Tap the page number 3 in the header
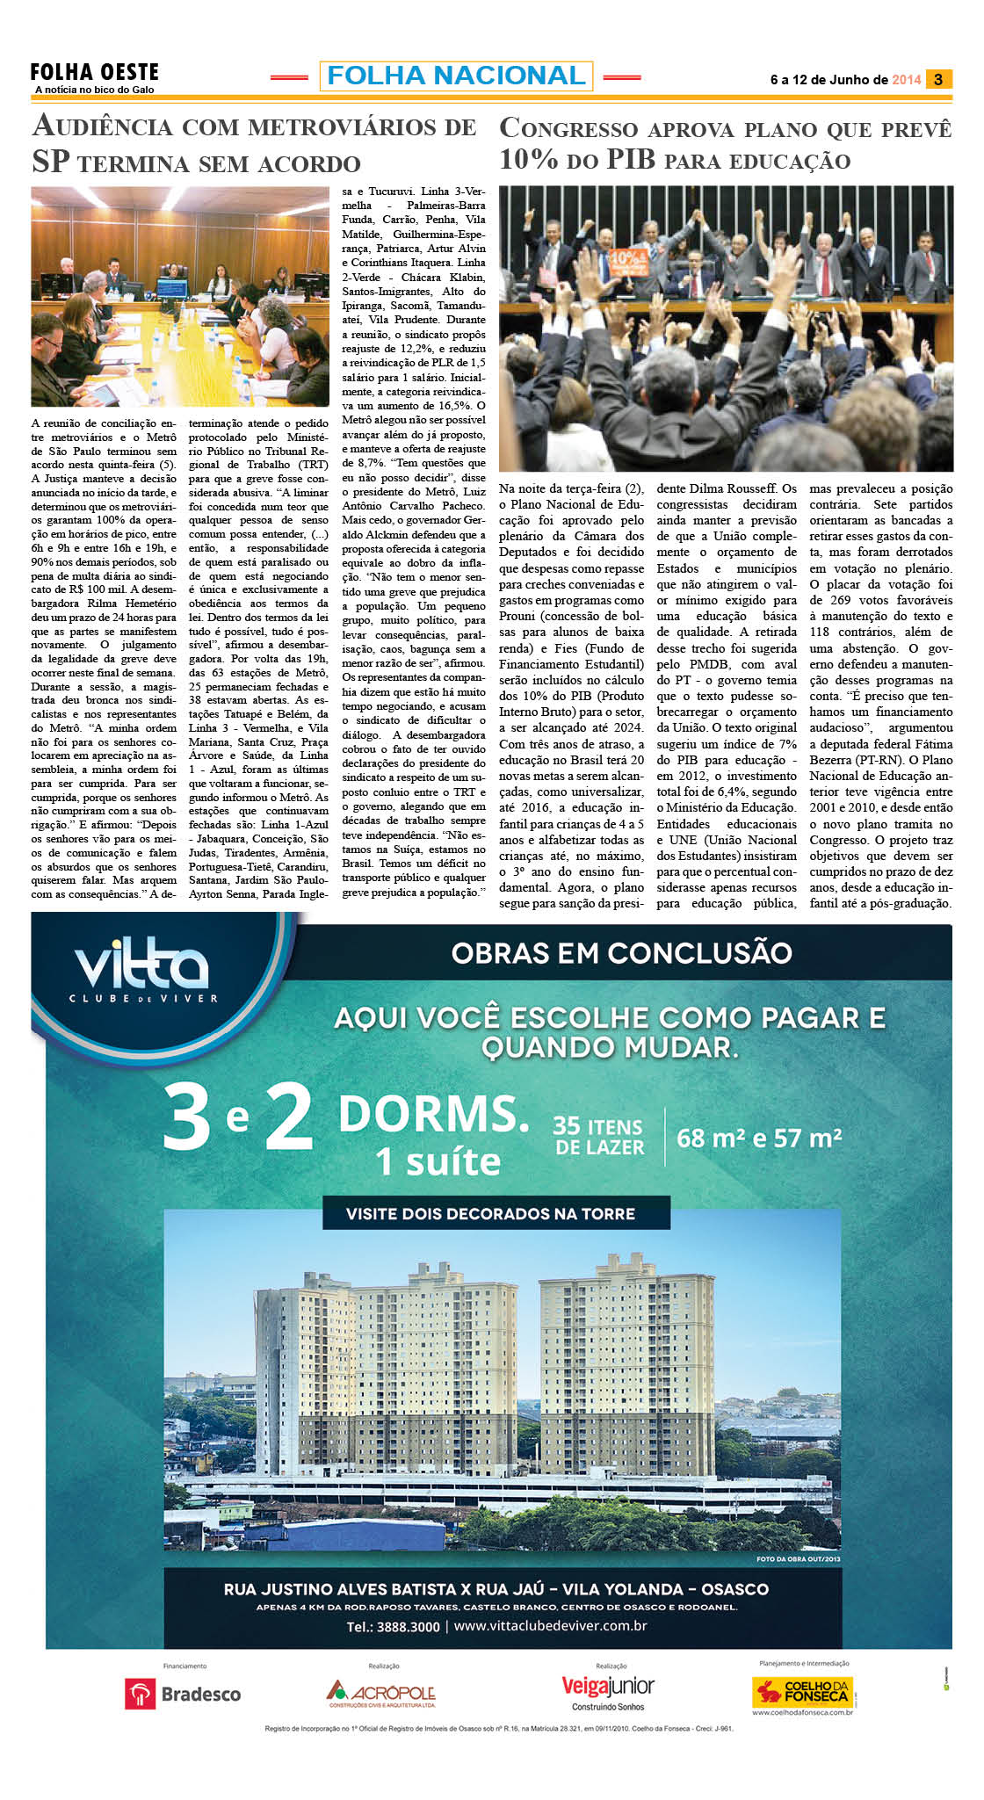[x=938, y=79]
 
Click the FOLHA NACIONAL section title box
[x=456, y=76]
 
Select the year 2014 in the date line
[x=906, y=80]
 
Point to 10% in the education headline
[x=529, y=160]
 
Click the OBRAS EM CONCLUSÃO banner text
[x=621, y=953]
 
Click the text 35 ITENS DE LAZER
[x=599, y=1137]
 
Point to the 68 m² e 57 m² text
[x=759, y=1139]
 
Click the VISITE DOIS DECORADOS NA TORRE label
[x=490, y=1214]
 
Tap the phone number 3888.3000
[x=393, y=1626]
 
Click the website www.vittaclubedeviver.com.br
[x=551, y=1625]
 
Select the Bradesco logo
[x=183, y=1695]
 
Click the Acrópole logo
[x=381, y=1694]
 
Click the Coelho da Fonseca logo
[x=803, y=1692]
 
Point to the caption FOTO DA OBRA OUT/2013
[x=798, y=1559]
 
